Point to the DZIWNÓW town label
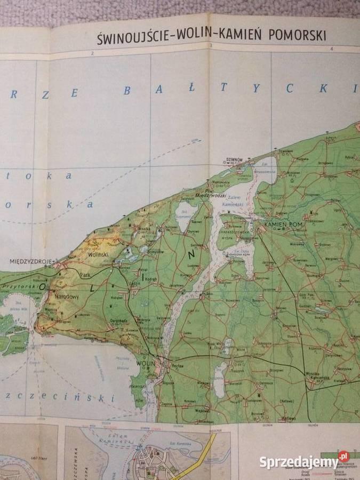click(x=234, y=158)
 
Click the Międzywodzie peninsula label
click(x=209, y=195)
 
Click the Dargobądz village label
click(x=120, y=322)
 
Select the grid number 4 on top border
click(x=332, y=50)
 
